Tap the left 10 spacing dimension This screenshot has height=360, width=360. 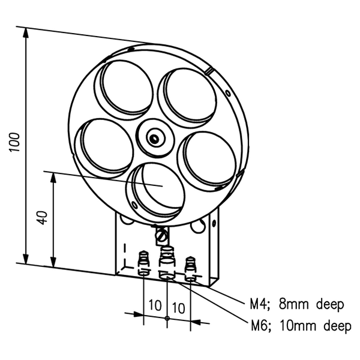(x=155, y=305)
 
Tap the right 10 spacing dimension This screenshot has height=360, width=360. (x=178, y=305)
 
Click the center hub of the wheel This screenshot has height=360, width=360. (x=155, y=138)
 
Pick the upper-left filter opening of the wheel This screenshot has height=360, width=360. (x=124, y=86)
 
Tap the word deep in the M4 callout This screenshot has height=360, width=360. (x=328, y=304)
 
